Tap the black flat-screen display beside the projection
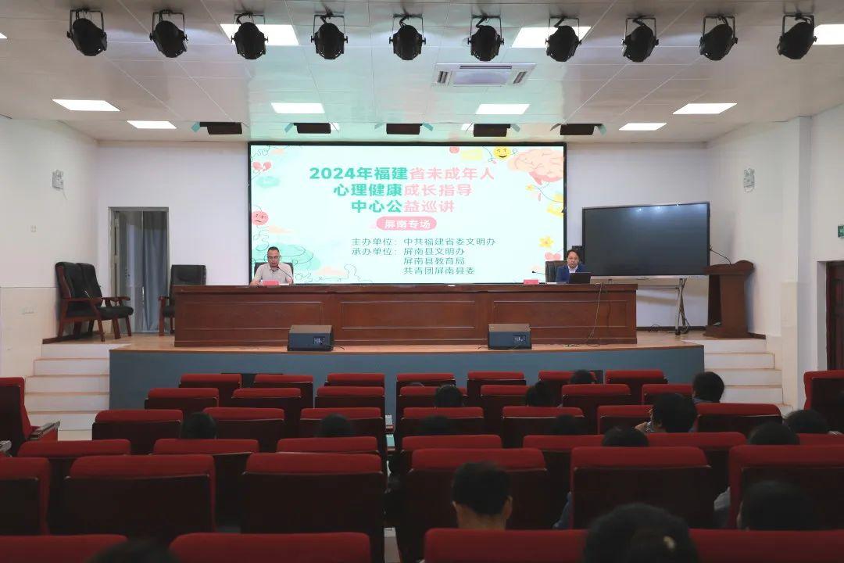click(646, 240)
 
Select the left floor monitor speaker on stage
click(310, 337)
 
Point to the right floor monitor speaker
click(510, 336)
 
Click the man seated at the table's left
click(273, 267)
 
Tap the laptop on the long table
click(580, 278)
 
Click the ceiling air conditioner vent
click(484, 75)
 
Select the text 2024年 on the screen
click(333, 174)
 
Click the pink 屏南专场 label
click(406, 224)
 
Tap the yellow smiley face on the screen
click(502, 152)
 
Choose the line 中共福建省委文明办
click(449, 242)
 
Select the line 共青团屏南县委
click(439, 271)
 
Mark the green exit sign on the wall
click(840, 231)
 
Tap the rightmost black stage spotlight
click(796, 36)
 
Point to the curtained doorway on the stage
click(139, 270)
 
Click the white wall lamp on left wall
click(58, 179)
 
